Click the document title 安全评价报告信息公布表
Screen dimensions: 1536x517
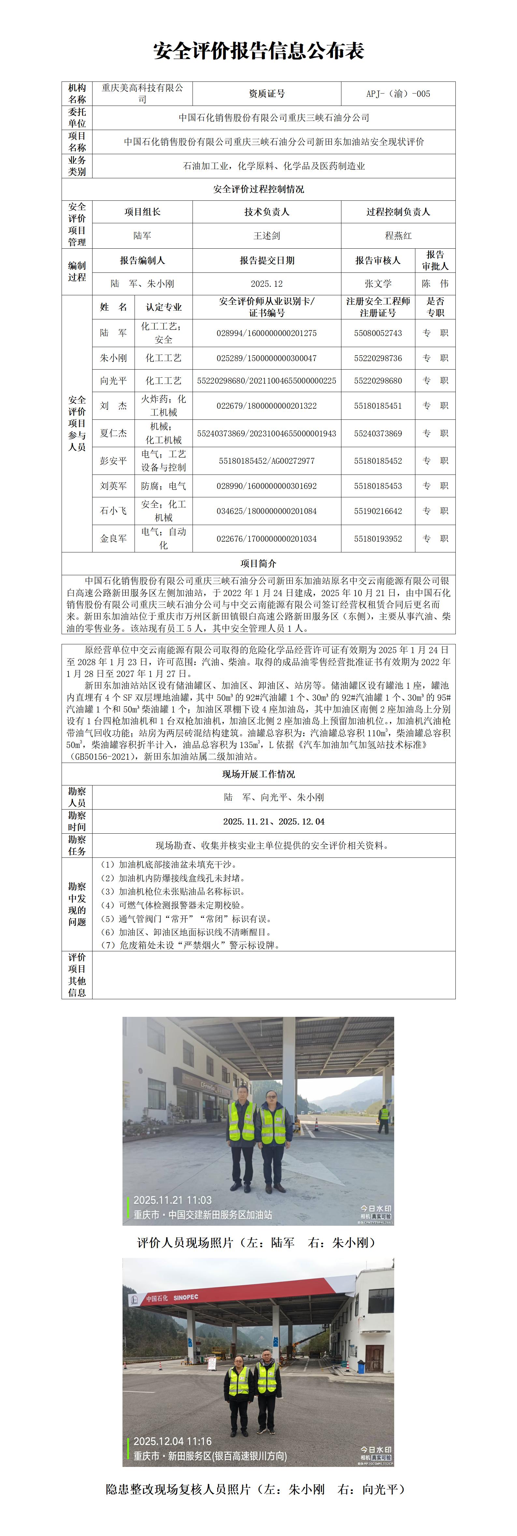(x=258, y=51)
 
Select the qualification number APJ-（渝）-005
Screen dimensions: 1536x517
(x=398, y=94)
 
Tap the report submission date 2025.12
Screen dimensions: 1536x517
(x=266, y=284)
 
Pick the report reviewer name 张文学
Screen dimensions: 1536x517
(x=378, y=284)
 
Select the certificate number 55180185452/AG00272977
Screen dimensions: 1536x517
(x=266, y=461)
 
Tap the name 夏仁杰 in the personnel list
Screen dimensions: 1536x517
(x=113, y=433)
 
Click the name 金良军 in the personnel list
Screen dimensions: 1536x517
(x=113, y=538)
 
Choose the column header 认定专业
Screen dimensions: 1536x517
(x=164, y=307)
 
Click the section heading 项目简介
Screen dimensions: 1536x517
(x=258, y=563)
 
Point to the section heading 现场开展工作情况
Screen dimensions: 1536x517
(x=258, y=774)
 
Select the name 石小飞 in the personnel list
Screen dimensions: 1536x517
(x=113, y=511)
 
